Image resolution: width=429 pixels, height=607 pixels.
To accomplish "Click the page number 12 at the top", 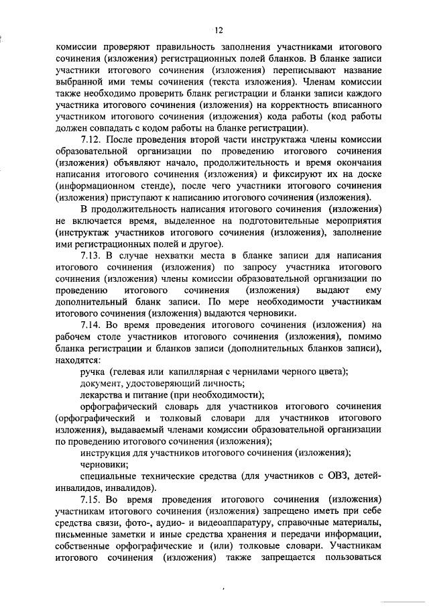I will [x=218, y=30].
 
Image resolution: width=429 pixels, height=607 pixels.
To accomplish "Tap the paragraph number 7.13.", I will [x=92, y=256].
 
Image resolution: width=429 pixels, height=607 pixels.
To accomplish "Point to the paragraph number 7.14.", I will [x=92, y=325].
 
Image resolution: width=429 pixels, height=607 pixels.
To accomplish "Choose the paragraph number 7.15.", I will [x=92, y=500].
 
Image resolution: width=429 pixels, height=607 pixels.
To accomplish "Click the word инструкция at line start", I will [x=105, y=453].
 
